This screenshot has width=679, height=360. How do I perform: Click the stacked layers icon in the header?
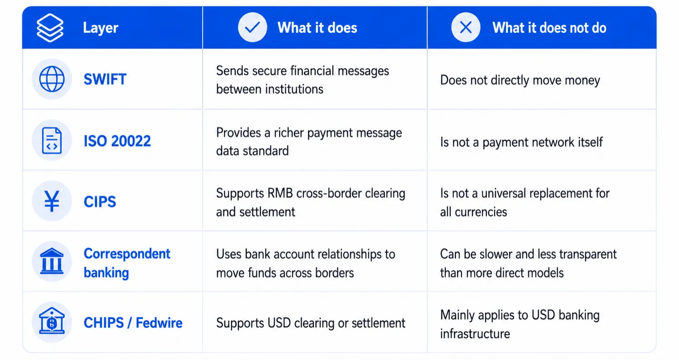[x=50, y=28]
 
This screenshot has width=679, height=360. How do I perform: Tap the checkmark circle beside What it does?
[x=252, y=27]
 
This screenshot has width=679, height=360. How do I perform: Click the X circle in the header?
[x=465, y=27]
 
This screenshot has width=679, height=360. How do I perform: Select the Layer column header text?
[x=101, y=28]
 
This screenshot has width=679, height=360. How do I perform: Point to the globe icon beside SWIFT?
[x=52, y=79]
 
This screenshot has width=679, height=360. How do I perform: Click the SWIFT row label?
[x=105, y=79]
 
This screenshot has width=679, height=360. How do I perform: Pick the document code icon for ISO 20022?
[x=52, y=140]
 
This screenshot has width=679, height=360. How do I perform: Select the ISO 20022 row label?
[x=117, y=141]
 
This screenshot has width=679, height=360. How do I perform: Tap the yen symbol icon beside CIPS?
[x=52, y=201]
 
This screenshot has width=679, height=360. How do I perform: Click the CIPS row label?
[x=100, y=202]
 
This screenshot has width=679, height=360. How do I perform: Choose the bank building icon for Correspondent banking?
[x=52, y=262]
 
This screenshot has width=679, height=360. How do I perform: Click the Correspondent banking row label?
[x=127, y=263]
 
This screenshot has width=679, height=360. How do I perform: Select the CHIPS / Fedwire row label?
[x=133, y=323]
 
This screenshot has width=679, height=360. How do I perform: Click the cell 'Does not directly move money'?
[x=520, y=80]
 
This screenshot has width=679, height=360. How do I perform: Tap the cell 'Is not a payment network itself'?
[x=521, y=142]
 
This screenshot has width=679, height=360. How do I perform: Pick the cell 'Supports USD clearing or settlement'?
[x=311, y=323]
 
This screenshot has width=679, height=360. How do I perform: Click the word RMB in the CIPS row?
[x=280, y=194]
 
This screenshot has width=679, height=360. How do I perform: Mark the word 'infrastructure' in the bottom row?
[x=475, y=334]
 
